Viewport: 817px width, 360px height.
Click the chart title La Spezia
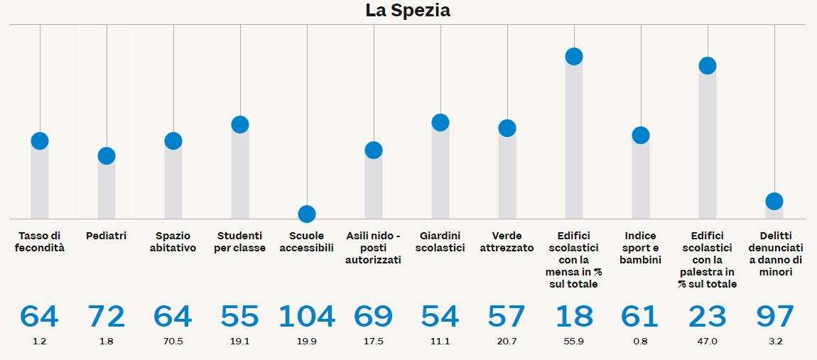tap(408, 11)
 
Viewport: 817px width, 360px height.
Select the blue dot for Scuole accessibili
tap(307, 214)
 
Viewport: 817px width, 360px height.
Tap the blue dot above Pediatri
tap(107, 156)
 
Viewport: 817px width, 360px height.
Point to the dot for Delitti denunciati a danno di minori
tap(774, 202)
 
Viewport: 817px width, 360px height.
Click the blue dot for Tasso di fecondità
tap(40, 141)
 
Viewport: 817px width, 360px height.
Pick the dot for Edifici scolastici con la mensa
tap(574, 57)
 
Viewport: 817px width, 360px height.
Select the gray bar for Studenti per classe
tap(240, 174)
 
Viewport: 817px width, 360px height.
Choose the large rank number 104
tap(307, 317)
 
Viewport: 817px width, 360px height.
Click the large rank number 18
tap(574, 317)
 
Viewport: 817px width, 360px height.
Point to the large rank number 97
tap(774, 317)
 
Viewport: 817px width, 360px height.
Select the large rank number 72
tap(107, 317)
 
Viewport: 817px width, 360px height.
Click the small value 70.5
tap(173, 342)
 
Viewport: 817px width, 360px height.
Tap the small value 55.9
tap(574, 342)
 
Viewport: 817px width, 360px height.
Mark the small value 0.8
tap(641, 342)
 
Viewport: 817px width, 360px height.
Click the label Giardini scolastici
tap(440, 242)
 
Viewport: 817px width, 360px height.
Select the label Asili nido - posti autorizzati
tap(374, 248)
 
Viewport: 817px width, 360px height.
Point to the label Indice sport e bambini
tap(641, 248)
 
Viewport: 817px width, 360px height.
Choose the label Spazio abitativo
tap(173, 242)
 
